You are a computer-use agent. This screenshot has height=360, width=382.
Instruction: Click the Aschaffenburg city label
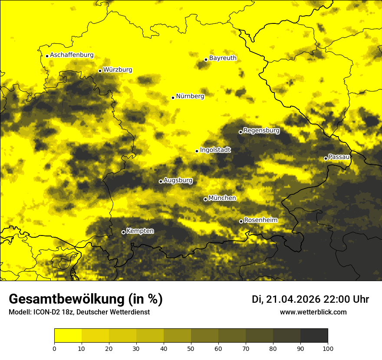coord(72,55)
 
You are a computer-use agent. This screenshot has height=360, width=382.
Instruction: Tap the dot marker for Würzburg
coord(100,71)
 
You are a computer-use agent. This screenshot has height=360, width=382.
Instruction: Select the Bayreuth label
coord(223,58)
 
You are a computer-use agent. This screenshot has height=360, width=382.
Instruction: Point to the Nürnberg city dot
coord(173,98)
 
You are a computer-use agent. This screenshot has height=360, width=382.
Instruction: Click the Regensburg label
coord(261,130)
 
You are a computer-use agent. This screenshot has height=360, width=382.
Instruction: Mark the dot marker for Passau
coord(326,158)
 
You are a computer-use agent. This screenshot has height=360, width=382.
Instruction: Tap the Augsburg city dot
coord(161,181)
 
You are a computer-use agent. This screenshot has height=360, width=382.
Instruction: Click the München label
coord(222,198)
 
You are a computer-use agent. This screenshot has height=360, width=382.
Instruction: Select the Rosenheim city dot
coord(241,222)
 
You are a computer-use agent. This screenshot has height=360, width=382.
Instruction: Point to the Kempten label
coord(140,231)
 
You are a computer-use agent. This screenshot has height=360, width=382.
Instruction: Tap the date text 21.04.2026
coord(293,299)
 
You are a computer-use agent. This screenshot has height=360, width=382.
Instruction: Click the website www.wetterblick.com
coord(313,312)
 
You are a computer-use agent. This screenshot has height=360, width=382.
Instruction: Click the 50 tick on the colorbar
coord(191,348)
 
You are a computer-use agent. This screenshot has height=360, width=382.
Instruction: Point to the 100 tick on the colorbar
coord(328,348)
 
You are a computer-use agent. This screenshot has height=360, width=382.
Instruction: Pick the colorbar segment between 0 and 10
coord(68,336)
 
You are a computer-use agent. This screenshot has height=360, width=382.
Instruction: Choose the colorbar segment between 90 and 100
coord(314,336)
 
